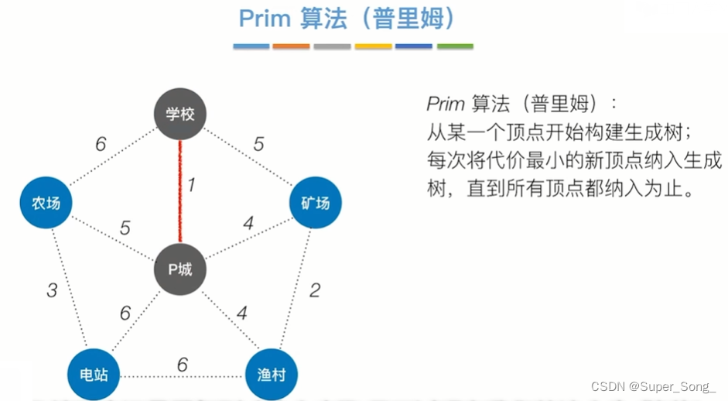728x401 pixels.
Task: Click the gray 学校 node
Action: click(x=180, y=115)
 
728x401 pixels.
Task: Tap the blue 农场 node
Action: click(x=46, y=204)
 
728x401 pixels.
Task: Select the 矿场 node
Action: click(x=315, y=203)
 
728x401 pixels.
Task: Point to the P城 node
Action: click(x=180, y=269)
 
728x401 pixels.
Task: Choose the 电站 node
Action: click(x=94, y=375)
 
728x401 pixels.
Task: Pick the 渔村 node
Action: click(x=272, y=375)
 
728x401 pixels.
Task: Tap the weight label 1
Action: click(x=192, y=185)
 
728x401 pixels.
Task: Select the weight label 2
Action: click(x=315, y=290)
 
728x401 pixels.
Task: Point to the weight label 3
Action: click(x=52, y=290)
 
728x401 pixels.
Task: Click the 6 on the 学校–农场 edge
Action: click(x=101, y=144)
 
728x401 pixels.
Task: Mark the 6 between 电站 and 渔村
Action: click(x=183, y=364)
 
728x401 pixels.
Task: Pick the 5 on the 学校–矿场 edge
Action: click(x=259, y=143)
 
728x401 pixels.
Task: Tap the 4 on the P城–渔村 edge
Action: click(x=242, y=314)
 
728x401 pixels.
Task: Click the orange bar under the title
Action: click(x=291, y=46)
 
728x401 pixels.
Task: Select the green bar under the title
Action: click(x=455, y=46)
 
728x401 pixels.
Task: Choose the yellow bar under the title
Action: click(x=373, y=46)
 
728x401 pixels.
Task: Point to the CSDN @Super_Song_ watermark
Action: click(x=653, y=386)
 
